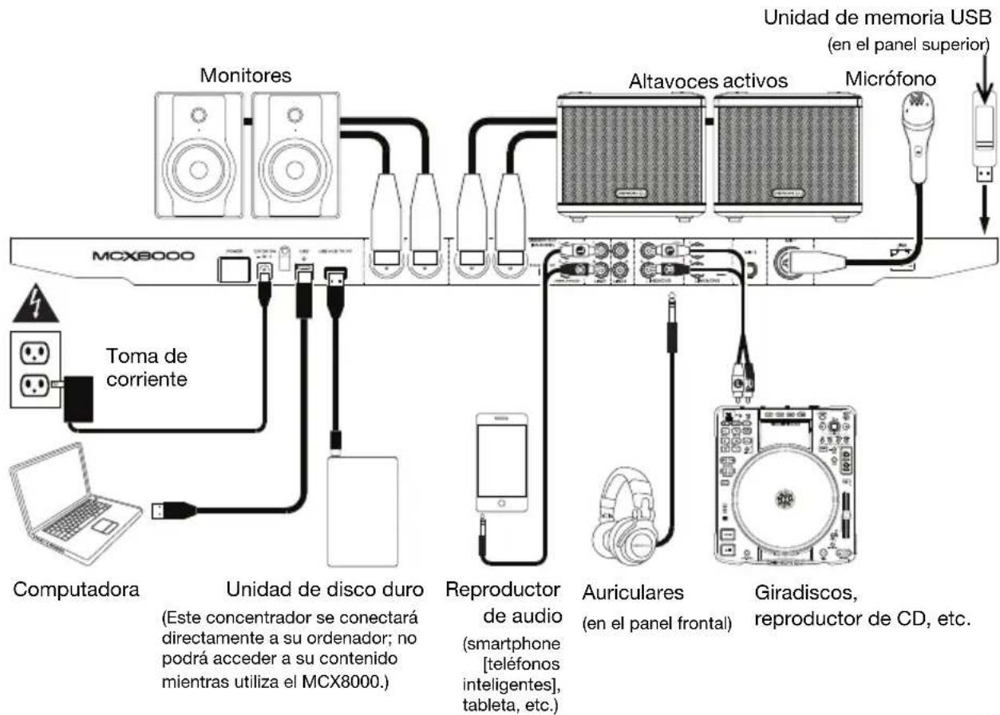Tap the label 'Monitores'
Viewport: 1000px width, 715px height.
click(x=245, y=76)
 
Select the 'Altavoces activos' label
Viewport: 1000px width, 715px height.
click(x=708, y=81)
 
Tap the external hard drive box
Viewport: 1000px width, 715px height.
click(x=362, y=510)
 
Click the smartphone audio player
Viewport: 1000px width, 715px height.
click(x=501, y=464)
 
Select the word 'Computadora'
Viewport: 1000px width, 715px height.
click(x=75, y=591)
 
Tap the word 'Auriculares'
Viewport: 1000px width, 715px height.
click(x=633, y=595)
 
